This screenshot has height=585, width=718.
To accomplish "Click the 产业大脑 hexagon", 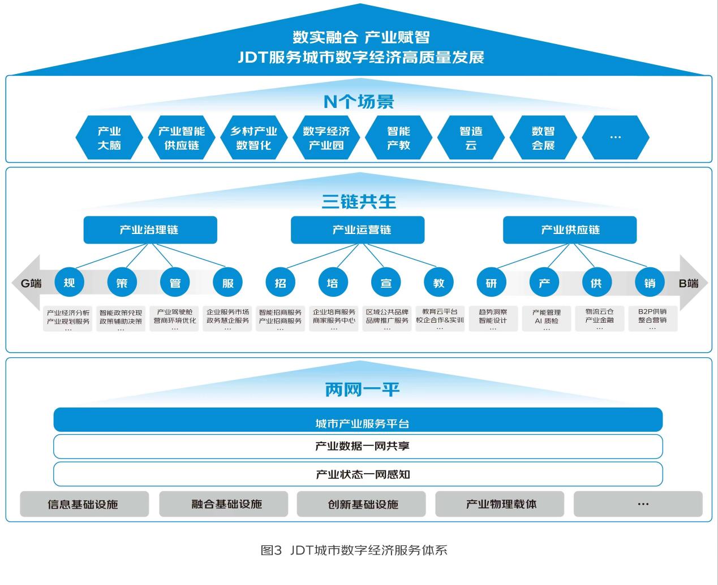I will coord(109,138).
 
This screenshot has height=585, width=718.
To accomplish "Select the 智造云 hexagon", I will coord(471,138).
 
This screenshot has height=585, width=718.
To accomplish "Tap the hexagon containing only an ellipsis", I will coord(615,138).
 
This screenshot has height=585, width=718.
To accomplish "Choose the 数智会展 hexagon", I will coord(543,138).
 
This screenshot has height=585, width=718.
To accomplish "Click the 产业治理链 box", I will coord(150,230).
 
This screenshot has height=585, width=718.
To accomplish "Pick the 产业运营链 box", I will coord(357,230).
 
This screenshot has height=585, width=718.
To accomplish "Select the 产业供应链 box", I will coord(569,230).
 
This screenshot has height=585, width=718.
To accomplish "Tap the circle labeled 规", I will coord(69,282).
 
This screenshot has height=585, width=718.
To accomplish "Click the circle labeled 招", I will coord(281,282).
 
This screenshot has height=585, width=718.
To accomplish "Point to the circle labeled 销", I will coord(649,282).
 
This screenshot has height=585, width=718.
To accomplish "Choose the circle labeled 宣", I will coord(386,282).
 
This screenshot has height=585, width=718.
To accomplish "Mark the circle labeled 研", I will coord(491,282).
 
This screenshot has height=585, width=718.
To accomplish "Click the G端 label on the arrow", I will coord(31,283).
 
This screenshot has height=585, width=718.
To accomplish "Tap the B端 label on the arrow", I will coord(688,283).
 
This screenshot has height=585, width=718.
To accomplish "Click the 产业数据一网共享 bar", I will coord(358,447).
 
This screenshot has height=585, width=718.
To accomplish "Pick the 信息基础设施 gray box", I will coord(84,504).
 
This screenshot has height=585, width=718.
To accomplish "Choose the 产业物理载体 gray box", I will coord(500,504).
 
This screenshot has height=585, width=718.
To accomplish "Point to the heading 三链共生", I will coord(359,201).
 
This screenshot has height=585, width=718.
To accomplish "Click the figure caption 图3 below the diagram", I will coord(354,550).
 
